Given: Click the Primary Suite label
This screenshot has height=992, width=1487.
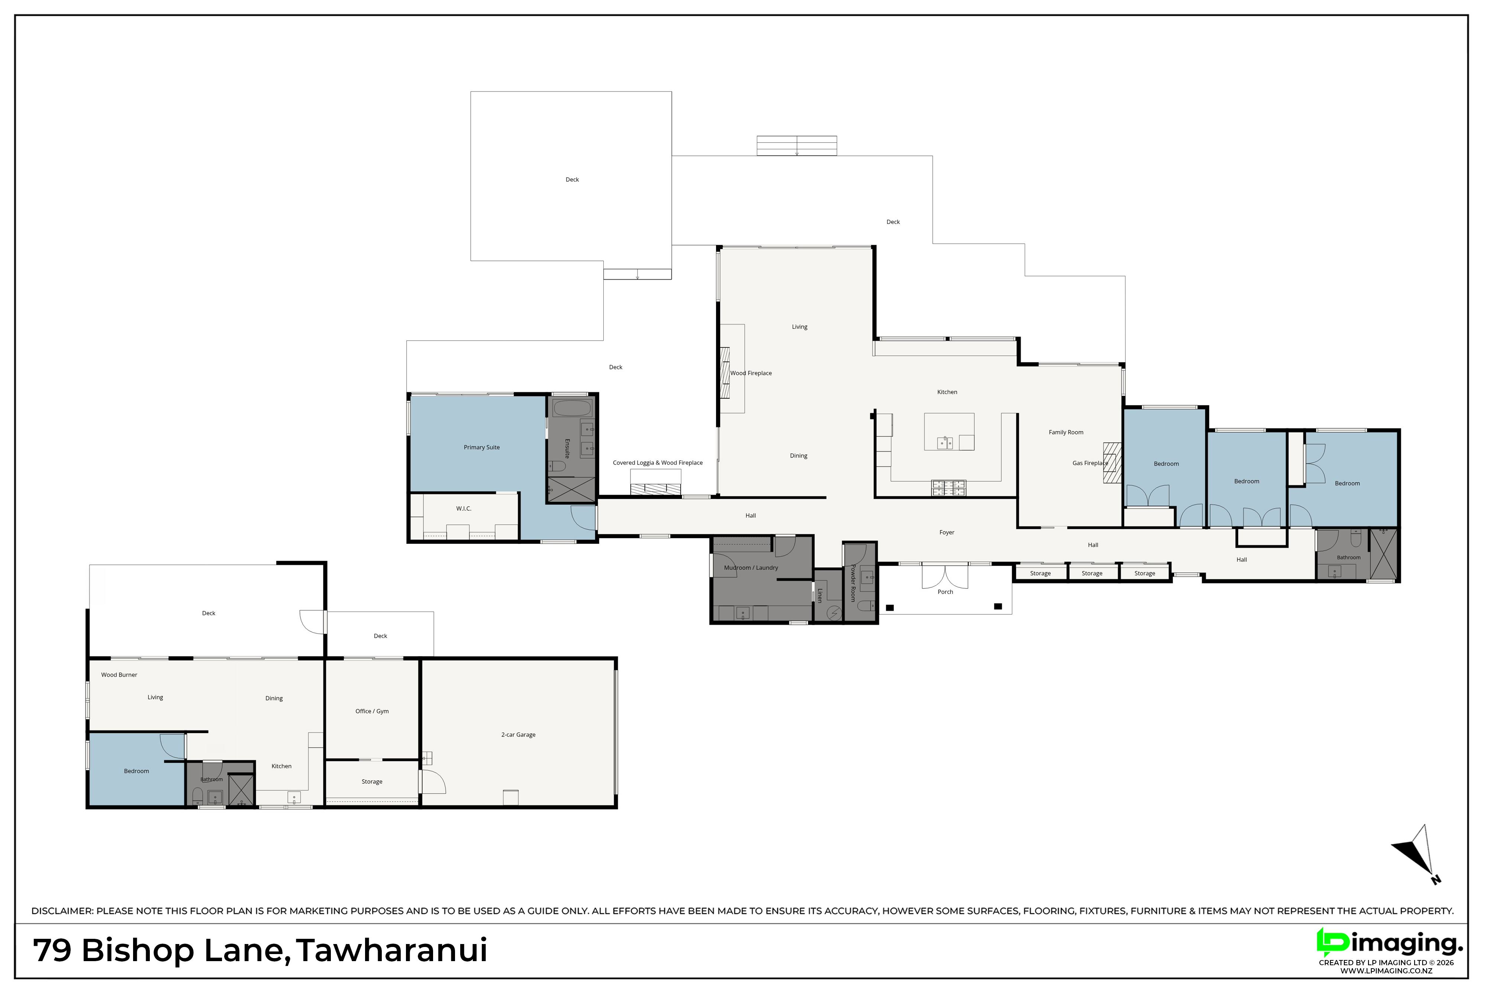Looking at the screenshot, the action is tap(482, 447).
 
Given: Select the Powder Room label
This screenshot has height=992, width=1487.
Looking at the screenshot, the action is tap(853, 583).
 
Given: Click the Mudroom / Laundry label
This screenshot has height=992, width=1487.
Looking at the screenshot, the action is tap(751, 568).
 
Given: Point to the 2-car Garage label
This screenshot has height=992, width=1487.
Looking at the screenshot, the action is tap(519, 735).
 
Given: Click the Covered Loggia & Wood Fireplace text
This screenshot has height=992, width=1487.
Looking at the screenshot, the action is tap(658, 462).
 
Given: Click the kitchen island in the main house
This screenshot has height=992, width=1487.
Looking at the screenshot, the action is tap(949, 431).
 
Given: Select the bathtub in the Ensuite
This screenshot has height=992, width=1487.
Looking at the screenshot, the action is tap(571, 407).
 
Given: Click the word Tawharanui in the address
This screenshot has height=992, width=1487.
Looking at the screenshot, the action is tap(392, 951).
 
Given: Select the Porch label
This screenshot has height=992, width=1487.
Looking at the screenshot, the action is tap(945, 591).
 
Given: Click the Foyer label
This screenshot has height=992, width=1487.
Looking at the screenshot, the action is tap(946, 532).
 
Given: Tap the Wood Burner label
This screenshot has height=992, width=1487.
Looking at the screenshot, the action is tap(119, 674).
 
